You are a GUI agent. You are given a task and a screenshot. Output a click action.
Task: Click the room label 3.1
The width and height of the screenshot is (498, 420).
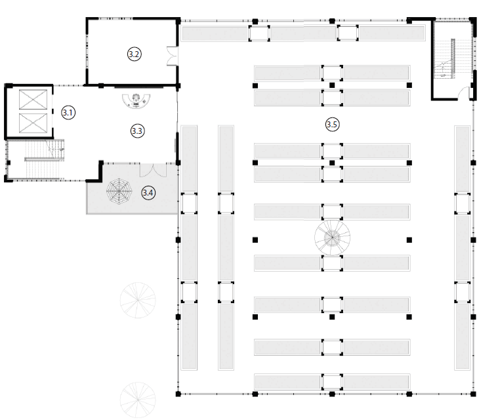[x=68, y=112]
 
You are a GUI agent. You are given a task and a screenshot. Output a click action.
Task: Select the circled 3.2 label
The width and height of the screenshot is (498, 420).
[x=134, y=54]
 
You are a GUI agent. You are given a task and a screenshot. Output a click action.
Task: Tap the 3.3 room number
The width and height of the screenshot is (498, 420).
[x=137, y=131]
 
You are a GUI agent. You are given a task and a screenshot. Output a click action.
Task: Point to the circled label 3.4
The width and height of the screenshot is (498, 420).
[x=148, y=193]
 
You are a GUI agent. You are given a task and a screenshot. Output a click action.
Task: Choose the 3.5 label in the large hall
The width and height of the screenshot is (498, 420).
[x=333, y=123]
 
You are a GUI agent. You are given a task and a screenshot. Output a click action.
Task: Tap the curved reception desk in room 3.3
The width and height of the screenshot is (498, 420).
[x=137, y=100]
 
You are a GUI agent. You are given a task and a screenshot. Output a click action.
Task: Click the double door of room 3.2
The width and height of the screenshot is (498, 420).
[x=172, y=56]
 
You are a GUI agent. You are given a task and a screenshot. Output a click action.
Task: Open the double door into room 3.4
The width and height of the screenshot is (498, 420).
[x=153, y=170]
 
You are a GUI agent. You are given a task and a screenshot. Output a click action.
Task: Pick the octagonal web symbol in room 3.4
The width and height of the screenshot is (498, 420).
[x=119, y=193]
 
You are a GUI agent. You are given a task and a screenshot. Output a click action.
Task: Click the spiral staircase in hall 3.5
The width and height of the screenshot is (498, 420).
[x=332, y=237]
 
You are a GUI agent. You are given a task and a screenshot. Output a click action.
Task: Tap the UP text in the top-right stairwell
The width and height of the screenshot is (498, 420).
[x=443, y=75]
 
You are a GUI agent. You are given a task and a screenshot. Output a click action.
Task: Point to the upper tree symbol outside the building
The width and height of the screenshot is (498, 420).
[x=138, y=301]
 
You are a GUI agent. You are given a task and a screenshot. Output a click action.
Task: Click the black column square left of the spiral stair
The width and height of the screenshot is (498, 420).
[x=255, y=240]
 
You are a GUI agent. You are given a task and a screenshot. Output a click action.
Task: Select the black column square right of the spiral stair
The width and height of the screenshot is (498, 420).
[x=409, y=240]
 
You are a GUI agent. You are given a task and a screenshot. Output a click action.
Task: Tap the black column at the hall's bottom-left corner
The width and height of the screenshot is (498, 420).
[x=178, y=394]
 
